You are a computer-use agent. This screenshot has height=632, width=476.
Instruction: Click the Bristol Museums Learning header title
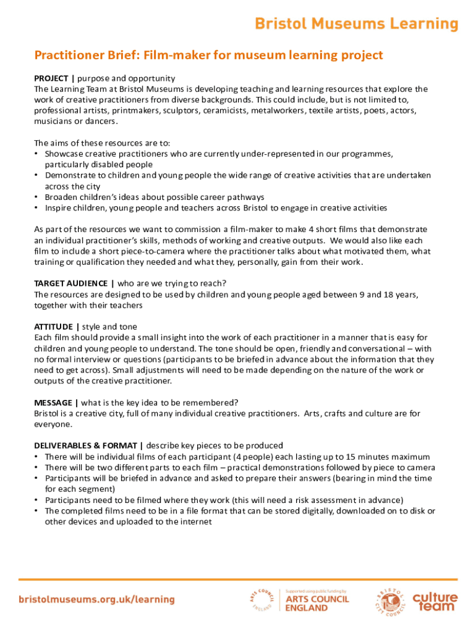pos(357,24)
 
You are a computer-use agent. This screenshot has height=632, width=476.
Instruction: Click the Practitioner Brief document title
pos(208,56)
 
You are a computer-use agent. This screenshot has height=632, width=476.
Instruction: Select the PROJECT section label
pos(52,78)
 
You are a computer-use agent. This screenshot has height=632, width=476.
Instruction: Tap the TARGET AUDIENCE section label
pos(71,283)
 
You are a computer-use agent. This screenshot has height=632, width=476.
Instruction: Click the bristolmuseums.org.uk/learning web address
pos(96,599)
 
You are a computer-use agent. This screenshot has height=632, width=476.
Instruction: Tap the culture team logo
pos(435,601)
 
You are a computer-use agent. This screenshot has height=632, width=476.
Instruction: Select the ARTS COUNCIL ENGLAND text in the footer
pos(317,603)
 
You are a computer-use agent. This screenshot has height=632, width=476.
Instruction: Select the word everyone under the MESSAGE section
pos(54,424)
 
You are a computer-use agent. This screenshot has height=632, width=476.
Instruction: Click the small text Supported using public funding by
pos(315,591)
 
